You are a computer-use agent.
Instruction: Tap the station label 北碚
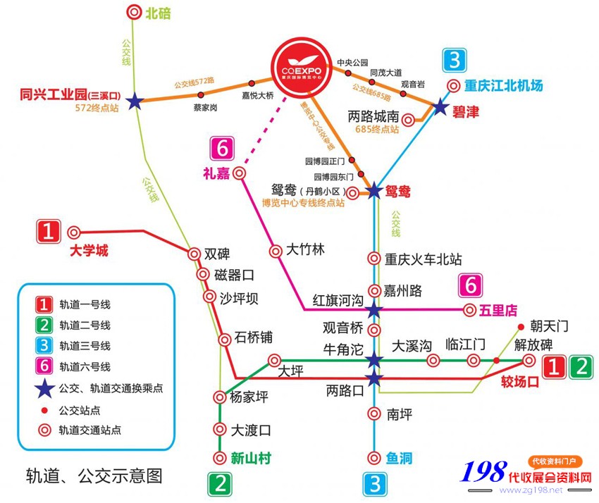(158, 12)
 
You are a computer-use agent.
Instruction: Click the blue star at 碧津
(440, 107)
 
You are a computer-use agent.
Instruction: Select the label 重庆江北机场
(503, 86)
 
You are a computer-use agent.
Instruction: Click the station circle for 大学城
(73, 231)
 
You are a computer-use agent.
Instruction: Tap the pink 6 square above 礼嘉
(223, 149)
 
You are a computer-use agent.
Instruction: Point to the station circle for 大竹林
(276, 251)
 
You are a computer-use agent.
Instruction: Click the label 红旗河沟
(338, 301)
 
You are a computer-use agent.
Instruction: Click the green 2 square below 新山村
(220, 484)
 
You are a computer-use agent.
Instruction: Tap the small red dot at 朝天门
(520, 327)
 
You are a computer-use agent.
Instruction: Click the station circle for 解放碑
(529, 360)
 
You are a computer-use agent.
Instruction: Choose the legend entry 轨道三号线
(85, 345)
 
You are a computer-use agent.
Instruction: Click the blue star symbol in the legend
(44, 387)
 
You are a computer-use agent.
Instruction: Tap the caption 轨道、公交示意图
(94, 476)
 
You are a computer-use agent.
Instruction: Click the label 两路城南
(373, 116)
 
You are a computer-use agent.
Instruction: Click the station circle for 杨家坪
(219, 397)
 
